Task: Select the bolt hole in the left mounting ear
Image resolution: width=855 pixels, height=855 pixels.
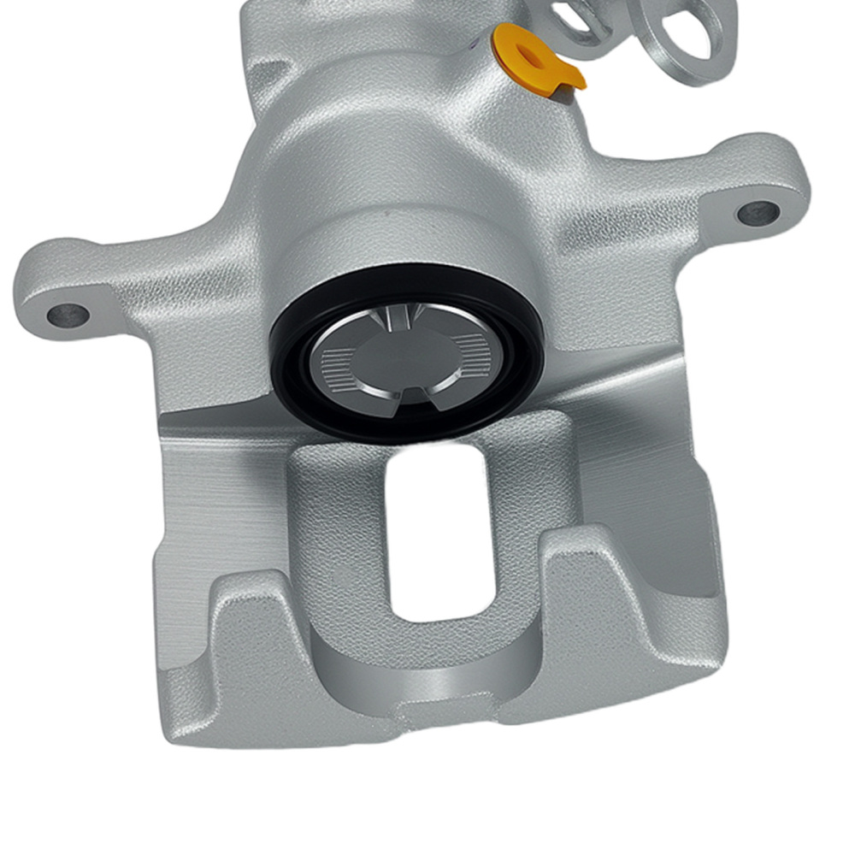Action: pyautogui.click(x=68, y=315)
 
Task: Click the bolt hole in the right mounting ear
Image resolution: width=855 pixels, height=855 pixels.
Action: pyautogui.click(x=758, y=213)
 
